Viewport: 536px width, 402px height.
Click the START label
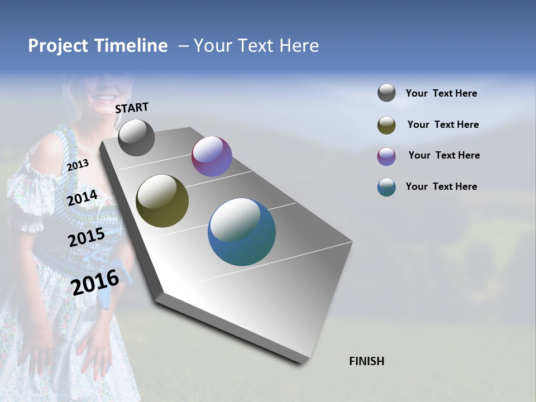(132, 107)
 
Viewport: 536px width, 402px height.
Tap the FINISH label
(367, 361)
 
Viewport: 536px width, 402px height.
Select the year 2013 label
(78, 165)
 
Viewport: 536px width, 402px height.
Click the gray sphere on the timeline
(136, 138)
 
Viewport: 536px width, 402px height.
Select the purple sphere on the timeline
(212, 156)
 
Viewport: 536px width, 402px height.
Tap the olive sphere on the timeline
(162, 201)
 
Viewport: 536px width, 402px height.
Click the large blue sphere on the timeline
(242, 232)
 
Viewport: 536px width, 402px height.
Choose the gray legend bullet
(386, 93)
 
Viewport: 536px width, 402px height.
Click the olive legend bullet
(386, 125)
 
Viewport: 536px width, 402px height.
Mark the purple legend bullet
(386, 156)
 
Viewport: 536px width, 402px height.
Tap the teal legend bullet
(386, 187)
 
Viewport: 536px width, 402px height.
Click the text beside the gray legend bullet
(441, 93)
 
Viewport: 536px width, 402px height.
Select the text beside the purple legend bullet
(444, 155)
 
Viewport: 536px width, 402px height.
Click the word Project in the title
(58, 46)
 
